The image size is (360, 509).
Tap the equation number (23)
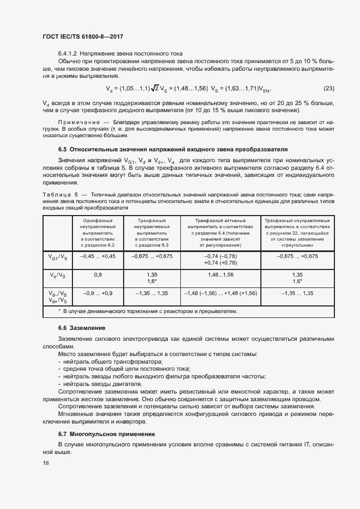[329, 89]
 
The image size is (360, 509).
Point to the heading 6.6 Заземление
[82, 328]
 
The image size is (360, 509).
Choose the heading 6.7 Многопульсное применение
[107, 434]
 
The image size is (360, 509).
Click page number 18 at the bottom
[45, 463]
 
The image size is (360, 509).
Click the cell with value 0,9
[98, 275]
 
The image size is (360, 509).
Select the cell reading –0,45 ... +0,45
[98, 256]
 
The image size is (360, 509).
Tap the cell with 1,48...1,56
[221, 275]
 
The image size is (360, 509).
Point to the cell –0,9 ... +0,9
[98, 293]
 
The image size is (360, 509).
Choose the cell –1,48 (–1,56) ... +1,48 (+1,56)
[221, 293]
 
